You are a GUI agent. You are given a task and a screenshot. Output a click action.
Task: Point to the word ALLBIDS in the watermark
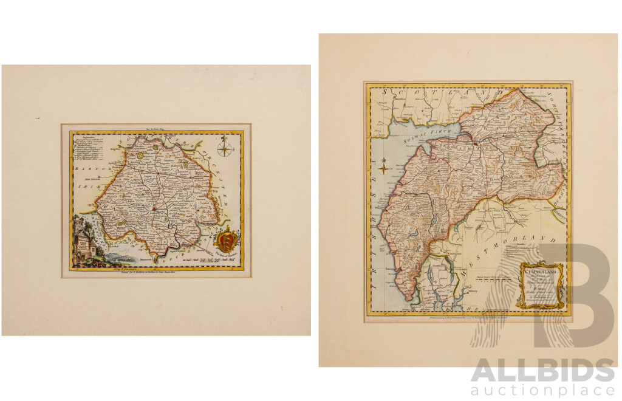pyautogui.click(x=542, y=371)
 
